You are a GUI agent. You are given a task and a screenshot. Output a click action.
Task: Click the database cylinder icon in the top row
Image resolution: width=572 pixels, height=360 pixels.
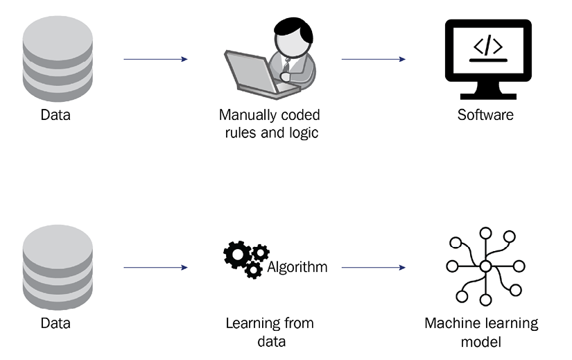click(x=58, y=58)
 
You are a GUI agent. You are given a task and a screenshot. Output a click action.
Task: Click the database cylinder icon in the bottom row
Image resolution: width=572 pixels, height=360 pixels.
click(x=58, y=267)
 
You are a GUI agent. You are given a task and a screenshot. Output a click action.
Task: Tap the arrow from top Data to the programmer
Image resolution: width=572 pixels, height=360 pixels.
click(x=156, y=59)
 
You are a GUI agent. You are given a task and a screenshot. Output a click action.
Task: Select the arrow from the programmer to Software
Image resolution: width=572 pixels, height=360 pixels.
click(x=374, y=59)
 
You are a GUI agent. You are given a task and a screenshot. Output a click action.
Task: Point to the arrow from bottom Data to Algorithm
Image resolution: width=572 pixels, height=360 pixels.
click(x=156, y=268)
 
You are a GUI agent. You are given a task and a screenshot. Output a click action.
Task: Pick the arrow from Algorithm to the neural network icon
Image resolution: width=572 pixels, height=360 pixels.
click(x=374, y=268)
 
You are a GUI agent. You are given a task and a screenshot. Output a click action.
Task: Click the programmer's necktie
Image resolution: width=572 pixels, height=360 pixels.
click(x=286, y=66)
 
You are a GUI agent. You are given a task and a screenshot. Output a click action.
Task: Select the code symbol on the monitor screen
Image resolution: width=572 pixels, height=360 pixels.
click(x=488, y=46)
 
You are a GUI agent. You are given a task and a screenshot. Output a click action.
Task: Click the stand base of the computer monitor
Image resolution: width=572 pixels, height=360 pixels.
click(x=488, y=96)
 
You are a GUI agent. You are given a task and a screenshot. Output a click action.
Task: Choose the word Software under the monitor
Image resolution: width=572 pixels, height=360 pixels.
click(x=485, y=115)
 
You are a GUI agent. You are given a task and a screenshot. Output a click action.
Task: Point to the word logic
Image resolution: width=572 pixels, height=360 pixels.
click(x=304, y=133)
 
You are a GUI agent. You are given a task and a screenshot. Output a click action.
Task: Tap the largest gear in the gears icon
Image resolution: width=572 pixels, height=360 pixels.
click(x=238, y=255)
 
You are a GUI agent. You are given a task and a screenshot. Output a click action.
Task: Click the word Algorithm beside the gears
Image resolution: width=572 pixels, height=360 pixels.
click(x=297, y=268)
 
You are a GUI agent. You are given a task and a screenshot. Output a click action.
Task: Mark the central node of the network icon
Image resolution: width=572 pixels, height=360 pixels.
click(x=485, y=266)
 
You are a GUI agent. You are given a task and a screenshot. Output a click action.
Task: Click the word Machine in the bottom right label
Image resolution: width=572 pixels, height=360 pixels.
click(x=449, y=323)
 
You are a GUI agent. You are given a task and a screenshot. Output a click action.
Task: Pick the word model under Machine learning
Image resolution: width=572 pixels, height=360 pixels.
click(x=480, y=342)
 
